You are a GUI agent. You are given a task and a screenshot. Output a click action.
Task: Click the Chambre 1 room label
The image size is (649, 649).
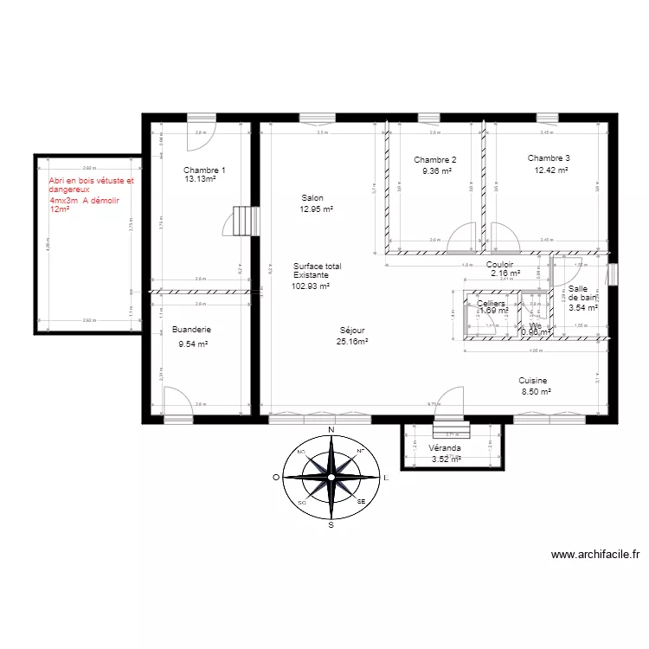205,170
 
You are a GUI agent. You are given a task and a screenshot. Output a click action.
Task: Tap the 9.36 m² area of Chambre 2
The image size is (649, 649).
436,171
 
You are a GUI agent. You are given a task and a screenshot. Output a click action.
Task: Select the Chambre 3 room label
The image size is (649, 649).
549,158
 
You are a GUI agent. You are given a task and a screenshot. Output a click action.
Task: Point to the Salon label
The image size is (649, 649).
312,198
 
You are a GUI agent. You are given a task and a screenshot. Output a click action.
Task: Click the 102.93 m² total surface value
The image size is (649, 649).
310,286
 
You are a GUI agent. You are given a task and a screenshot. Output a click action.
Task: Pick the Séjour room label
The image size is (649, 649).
352,331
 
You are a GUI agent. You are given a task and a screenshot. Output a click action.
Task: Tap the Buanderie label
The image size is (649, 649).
192,330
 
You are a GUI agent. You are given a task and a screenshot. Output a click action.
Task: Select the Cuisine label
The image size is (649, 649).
533,381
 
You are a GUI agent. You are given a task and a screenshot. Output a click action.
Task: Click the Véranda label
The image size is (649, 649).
444,448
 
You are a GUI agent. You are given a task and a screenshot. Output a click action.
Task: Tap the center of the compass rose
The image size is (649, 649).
331,476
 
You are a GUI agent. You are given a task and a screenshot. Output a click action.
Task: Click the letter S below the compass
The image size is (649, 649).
331,524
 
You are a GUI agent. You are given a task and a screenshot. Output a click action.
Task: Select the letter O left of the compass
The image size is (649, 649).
276,477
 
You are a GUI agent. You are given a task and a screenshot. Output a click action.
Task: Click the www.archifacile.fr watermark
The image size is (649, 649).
594,556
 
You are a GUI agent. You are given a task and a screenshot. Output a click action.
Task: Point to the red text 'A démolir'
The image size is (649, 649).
100,200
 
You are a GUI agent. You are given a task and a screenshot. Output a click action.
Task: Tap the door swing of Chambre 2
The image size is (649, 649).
462,236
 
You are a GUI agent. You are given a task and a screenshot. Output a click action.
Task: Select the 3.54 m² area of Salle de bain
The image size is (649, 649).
582,307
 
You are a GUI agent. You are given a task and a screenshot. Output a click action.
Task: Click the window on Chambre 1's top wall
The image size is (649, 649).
201,118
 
